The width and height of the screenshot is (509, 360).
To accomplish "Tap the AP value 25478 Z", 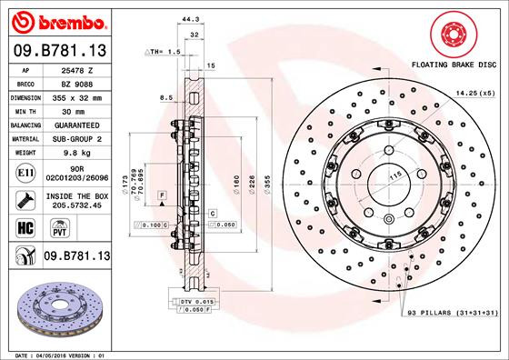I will point(72,69).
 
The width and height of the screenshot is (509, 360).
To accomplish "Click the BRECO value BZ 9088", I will point(72,82).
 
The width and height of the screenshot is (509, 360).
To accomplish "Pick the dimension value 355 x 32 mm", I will point(73,95).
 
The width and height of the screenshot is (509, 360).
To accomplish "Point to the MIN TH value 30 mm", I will point(73,109).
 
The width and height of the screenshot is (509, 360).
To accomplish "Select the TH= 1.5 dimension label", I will point(165,52).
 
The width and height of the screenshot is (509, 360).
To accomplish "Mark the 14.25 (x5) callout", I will point(474,92).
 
